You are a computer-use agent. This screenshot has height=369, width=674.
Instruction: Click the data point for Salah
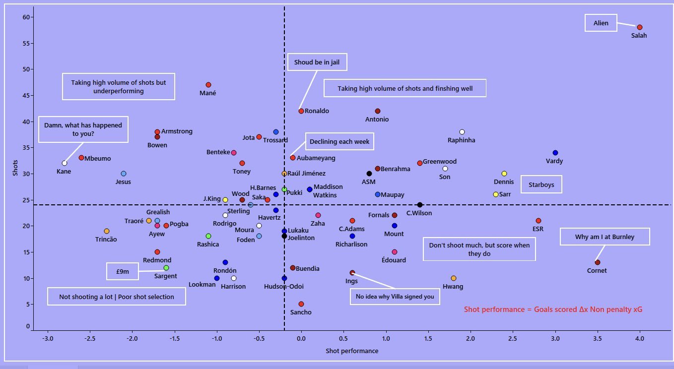(640, 27)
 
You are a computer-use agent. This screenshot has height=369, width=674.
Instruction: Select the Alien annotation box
(601, 23)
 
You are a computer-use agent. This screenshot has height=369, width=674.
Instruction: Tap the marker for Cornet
(597, 262)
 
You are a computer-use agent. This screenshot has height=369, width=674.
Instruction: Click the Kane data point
(65, 163)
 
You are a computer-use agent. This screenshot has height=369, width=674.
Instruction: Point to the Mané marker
(208, 85)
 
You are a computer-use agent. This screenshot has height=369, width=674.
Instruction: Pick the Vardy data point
(555, 153)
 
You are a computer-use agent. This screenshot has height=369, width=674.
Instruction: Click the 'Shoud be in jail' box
(317, 62)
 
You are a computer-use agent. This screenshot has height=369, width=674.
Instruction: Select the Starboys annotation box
(541, 184)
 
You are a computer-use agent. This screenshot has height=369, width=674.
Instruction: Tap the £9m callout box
(123, 271)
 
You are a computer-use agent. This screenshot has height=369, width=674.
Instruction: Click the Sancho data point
(301, 304)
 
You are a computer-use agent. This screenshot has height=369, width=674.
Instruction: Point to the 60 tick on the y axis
(26, 17)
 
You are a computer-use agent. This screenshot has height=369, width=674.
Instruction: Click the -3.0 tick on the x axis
(48, 339)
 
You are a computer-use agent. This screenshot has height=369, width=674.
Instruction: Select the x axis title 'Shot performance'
(352, 351)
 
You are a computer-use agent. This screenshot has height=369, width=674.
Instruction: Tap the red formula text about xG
(553, 309)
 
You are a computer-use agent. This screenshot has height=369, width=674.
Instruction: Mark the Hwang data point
(454, 278)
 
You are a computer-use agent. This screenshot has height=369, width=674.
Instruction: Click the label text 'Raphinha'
(462, 140)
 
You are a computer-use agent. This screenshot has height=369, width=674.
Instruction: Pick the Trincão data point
(107, 231)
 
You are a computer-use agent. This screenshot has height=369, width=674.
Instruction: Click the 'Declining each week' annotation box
(339, 141)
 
